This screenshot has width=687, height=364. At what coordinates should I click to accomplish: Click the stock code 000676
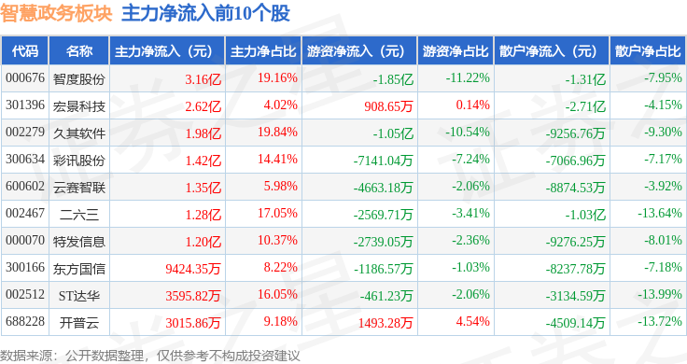(x=25, y=78)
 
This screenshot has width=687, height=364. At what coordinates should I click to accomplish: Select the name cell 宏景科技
(x=79, y=106)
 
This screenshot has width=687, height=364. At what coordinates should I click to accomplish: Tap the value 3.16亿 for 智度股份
(x=203, y=79)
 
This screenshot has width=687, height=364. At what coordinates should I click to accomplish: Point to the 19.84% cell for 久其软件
(x=277, y=132)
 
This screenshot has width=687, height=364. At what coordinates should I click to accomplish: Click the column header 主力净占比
(x=263, y=51)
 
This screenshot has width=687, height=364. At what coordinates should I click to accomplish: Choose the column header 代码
(x=25, y=51)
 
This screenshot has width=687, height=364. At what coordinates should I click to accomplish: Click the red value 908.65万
(x=388, y=106)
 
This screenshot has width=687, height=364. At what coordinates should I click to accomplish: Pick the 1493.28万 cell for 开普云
(x=386, y=323)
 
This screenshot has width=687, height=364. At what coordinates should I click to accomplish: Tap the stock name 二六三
(x=79, y=215)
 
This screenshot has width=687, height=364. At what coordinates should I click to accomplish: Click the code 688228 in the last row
(x=25, y=321)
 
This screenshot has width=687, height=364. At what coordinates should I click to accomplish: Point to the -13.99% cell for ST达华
(x=659, y=294)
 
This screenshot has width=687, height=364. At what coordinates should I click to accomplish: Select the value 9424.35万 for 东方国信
(x=193, y=269)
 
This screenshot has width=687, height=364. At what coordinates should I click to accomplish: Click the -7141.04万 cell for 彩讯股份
(x=384, y=161)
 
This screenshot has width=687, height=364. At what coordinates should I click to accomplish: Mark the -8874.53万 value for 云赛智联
(x=575, y=188)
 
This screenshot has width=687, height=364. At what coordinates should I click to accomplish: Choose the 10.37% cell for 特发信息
(x=277, y=240)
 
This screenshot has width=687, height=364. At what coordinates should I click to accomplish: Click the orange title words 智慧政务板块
(x=56, y=13)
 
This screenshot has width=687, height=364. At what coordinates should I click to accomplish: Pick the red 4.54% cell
(x=472, y=321)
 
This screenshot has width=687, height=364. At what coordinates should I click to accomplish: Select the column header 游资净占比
(x=456, y=51)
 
